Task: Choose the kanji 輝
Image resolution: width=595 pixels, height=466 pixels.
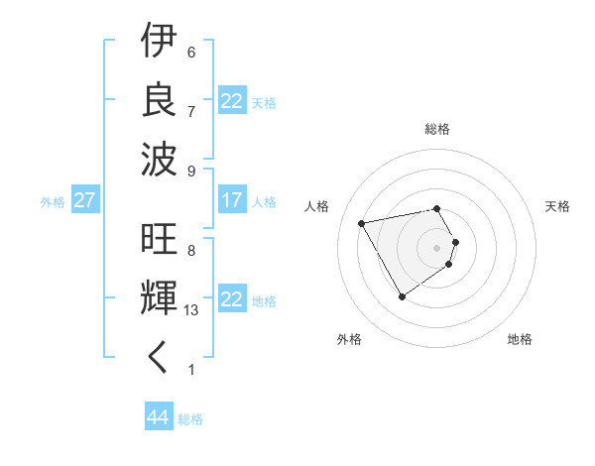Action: tap(159, 300)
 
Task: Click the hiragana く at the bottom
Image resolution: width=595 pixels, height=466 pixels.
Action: tap(159, 358)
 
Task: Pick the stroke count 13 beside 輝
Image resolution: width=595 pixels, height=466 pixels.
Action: tap(192, 310)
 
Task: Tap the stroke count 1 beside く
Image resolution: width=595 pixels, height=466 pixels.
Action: tap(190, 370)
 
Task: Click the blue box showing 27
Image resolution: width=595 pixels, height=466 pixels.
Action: tap(85, 200)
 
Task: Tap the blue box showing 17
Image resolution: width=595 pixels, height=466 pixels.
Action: tap(231, 200)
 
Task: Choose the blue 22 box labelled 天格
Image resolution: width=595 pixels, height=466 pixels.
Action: tap(231, 101)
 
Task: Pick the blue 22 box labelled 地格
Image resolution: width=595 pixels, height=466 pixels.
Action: tap(231, 299)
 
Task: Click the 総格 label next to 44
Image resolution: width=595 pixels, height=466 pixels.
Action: tap(190, 419)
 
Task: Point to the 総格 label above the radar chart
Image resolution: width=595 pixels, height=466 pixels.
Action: tap(437, 129)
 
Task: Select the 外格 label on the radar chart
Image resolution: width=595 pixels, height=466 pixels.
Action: tap(349, 339)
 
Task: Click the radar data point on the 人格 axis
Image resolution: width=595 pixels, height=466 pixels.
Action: tap(362, 223)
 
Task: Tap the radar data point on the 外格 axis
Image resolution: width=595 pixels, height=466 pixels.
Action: tap(402, 296)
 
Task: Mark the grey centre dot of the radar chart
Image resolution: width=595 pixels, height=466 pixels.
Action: tap(437, 247)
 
